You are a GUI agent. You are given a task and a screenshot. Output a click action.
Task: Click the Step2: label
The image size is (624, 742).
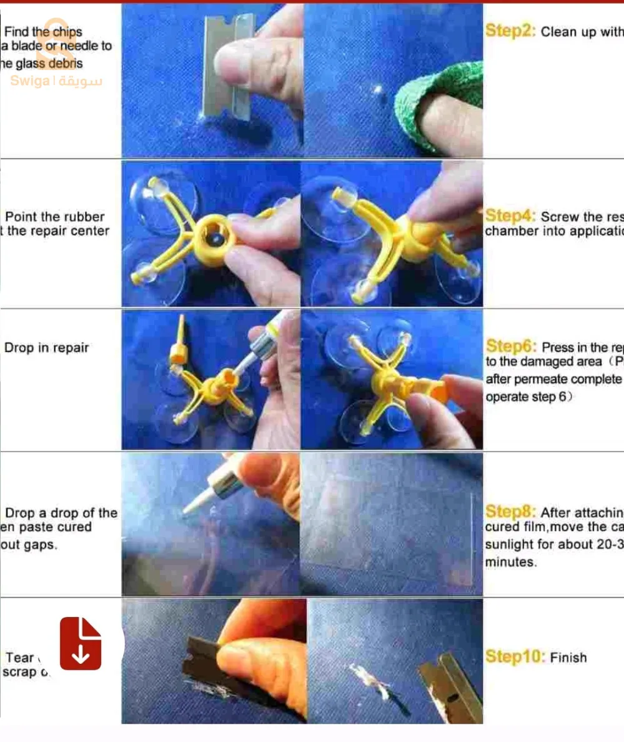[x=510, y=32]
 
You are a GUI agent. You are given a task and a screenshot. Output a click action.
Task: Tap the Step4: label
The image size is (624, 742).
[x=510, y=216]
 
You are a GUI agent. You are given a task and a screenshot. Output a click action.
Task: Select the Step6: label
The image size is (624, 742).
[x=511, y=346]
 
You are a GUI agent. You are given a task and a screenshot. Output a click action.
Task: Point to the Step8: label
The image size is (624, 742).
[x=510, y=512]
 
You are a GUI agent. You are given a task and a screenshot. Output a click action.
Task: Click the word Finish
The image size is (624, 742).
[x=568, y=658]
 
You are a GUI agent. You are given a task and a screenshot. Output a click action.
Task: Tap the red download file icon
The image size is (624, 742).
[x=81, y=643]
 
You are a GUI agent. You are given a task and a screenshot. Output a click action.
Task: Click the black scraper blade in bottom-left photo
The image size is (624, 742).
[x=206, y=663]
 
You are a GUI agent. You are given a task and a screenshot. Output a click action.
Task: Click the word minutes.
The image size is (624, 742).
[x=510, y=562]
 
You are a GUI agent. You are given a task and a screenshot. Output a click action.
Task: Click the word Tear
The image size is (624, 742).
[x=20, y=658]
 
